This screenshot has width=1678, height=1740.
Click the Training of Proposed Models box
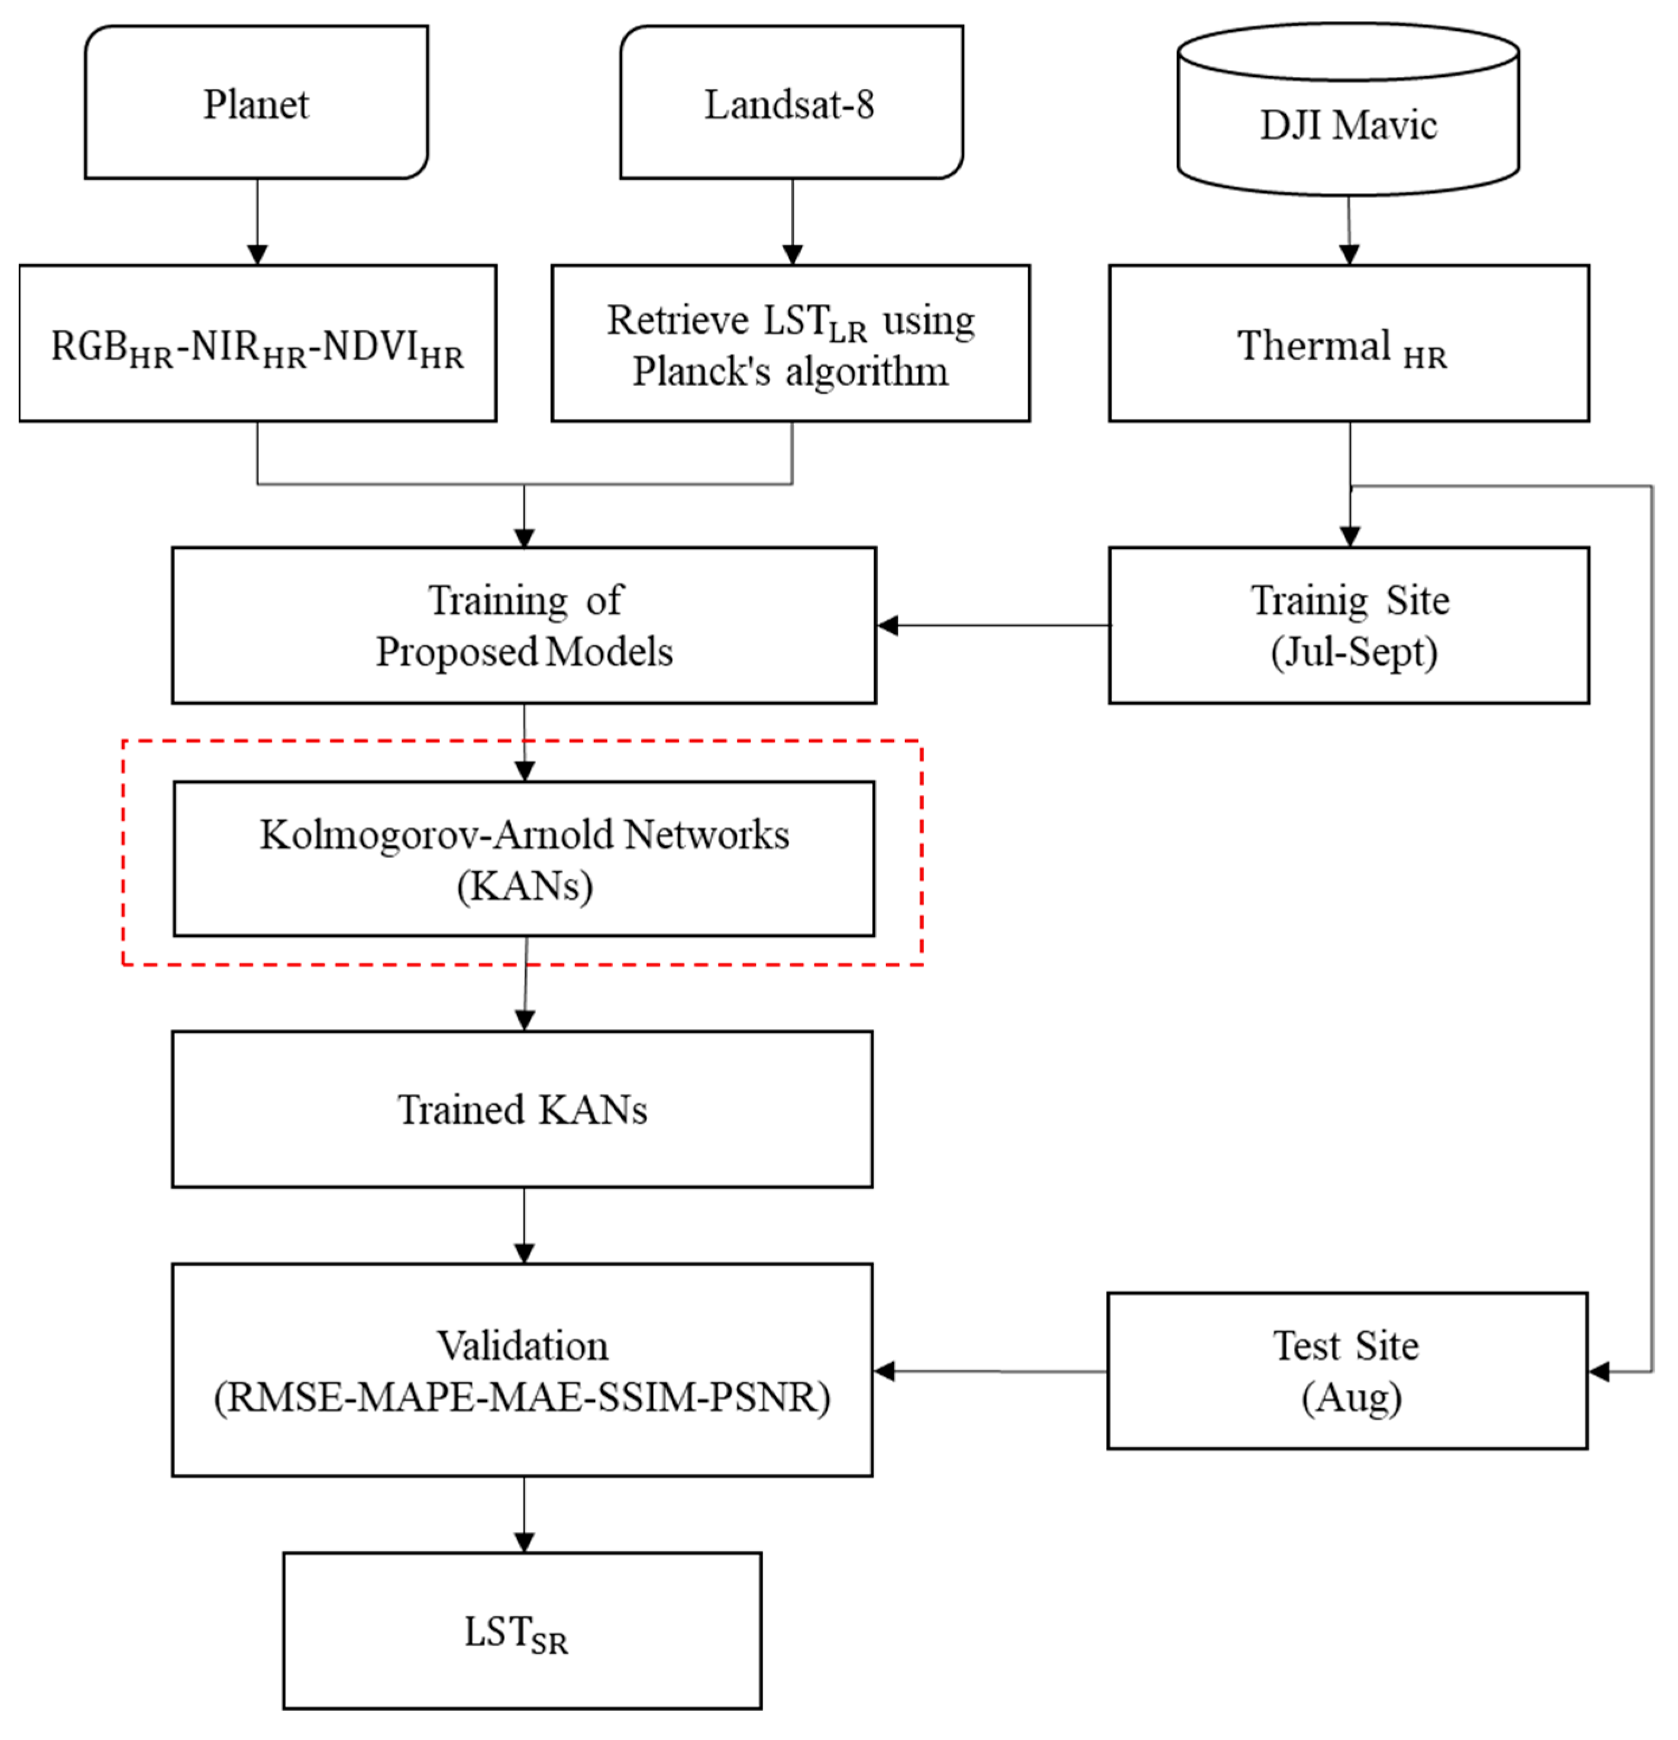click(524, 626)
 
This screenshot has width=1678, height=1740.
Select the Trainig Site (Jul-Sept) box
click(1348, 626)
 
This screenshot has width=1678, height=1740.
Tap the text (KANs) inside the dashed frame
click(524, 886)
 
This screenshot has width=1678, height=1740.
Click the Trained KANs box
click(522, 1110)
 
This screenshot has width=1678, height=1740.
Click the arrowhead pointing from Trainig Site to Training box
click(888, 626)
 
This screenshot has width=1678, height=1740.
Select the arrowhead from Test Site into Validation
click(884, 1371)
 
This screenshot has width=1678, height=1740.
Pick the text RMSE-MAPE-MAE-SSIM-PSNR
click(522, 1398)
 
